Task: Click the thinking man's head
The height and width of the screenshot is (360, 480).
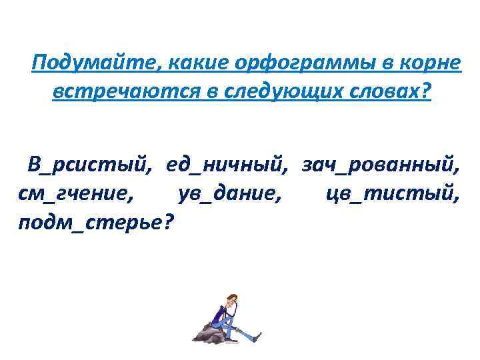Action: pos(231,299)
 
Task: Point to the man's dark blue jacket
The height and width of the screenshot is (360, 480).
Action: pos(221,313)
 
